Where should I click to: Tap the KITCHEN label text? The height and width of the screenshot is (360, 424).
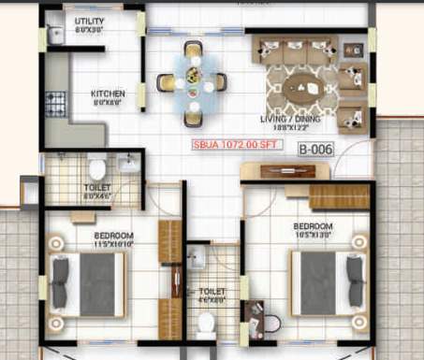(108, 94)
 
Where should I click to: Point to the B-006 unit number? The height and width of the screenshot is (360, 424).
(314, 149)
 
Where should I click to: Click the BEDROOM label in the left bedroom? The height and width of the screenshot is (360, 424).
(112, 234)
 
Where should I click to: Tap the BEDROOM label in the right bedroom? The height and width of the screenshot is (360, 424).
(312, 226)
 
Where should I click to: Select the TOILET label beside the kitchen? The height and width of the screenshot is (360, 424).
(96, 187)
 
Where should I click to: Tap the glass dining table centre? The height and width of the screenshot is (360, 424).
(192, 80)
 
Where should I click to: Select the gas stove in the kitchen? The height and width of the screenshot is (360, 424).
(56, 101)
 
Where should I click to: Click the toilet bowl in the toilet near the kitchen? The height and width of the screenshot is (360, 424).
(95, 169)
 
